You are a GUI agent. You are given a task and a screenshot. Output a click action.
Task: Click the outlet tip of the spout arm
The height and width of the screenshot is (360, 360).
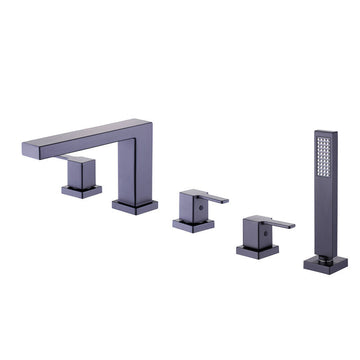[x=27, y=150]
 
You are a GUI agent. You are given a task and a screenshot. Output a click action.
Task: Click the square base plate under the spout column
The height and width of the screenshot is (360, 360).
[x=135, y=205]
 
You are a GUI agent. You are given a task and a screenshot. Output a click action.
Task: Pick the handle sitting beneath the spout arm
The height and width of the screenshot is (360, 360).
[x=80, y=172]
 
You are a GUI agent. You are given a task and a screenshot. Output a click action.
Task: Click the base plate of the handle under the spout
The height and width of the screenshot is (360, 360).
[x=81, y=191]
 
